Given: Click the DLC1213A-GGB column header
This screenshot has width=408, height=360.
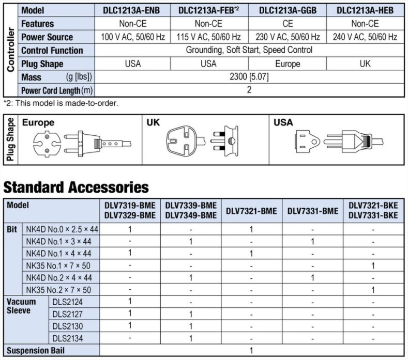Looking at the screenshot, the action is (288, 10).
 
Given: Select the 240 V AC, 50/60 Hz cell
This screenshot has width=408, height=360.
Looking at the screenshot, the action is (365, 37).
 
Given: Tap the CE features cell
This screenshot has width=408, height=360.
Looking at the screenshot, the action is (288, 24).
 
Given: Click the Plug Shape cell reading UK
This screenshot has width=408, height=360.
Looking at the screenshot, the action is (365, 64).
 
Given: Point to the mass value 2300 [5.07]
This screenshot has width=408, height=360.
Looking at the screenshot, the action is (249, 76).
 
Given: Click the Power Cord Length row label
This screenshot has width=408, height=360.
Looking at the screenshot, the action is (57, 90).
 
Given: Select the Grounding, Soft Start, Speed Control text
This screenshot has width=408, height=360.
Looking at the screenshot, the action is (249, 50).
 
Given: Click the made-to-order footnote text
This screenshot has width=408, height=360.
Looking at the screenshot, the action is (61, 103).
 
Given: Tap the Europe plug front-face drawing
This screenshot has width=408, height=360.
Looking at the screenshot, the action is (47, 144).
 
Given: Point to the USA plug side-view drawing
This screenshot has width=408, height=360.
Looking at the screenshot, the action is (353, 142).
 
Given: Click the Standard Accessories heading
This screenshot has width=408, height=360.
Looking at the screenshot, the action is (76, 187).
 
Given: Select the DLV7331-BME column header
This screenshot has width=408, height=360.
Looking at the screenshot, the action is (313, 211).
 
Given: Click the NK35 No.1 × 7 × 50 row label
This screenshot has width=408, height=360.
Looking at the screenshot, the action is (58, 265).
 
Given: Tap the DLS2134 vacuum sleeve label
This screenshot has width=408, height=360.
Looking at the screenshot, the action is (68, 338).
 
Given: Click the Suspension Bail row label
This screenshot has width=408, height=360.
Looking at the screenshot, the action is (35, 350).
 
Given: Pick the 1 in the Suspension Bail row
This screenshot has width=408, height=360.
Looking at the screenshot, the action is (251, 350).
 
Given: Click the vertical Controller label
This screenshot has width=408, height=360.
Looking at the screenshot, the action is (10, 50).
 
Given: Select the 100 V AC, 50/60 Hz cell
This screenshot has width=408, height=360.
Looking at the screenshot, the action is (133, 37).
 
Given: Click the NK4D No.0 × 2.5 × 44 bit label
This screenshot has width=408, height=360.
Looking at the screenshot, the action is (62, 229).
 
